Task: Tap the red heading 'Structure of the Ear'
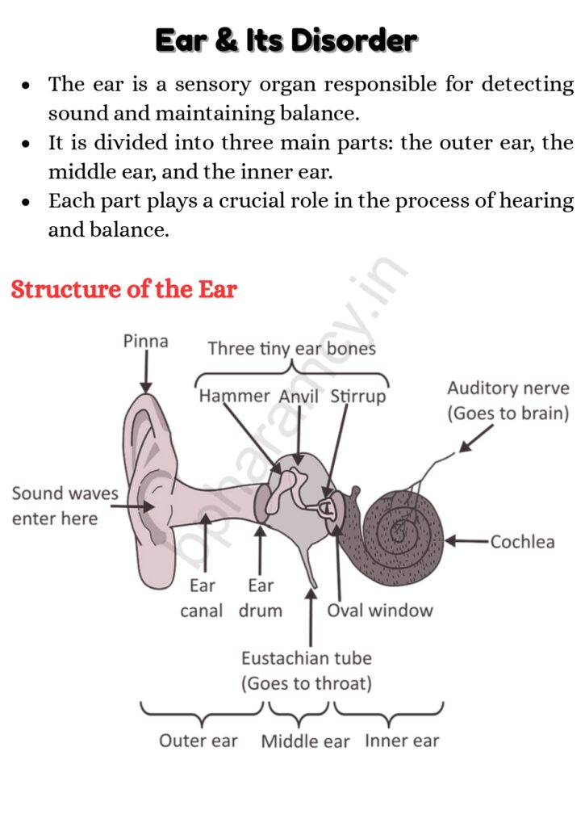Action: (x=123, y=289)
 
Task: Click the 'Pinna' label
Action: (x=146, y=341)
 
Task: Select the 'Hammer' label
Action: (x=234, y=396)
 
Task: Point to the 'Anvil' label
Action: (x=299, y=397)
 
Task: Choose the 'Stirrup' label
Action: (x=357, y=397)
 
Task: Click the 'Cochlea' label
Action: (x=522, y=541)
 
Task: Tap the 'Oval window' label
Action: (x=379, y=610)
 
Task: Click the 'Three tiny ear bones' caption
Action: (x=291, y=349)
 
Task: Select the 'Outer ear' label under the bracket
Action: (x=198, y=741)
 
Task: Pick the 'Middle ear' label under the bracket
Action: (x=305, y=741)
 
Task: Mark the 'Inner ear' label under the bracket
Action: (x=402, y=741)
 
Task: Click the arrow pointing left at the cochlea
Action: (x=466, y=540)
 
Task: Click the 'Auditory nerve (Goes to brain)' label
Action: (x=508, y=401)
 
